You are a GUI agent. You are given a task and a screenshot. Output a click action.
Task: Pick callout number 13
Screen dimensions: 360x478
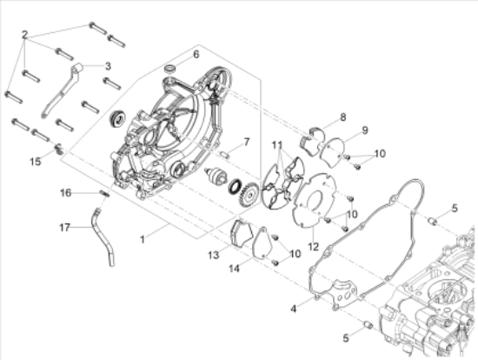point(213,256)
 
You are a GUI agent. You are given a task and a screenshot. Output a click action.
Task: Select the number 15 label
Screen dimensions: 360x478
point(35,161)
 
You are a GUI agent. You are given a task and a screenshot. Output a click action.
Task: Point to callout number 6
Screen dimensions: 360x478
point(196,54)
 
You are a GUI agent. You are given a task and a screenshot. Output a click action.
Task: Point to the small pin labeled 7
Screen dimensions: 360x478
point(224,156)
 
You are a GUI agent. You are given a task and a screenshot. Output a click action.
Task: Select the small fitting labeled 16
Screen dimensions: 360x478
point(102,193)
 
